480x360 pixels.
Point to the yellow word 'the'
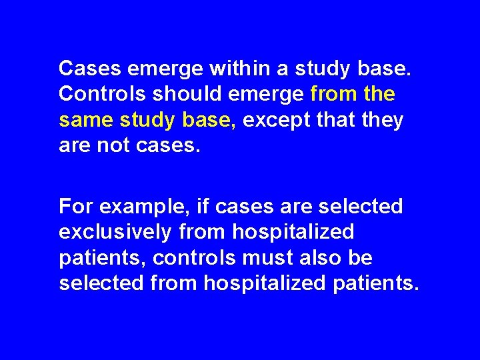380,94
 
